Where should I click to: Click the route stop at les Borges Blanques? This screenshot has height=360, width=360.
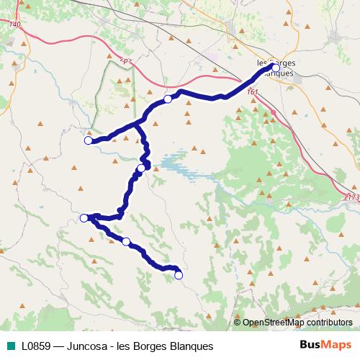point(276,68)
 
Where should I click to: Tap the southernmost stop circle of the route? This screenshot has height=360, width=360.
point(179,275)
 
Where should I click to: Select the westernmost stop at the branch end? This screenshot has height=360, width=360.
point(89,140)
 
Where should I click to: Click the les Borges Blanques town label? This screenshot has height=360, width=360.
point(276,68)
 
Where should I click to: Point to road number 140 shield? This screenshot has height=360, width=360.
point(16,25)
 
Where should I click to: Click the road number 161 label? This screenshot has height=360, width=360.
point(252,91)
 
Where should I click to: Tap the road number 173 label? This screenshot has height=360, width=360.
point(353,197)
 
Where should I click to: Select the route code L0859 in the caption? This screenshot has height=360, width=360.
point(36,346)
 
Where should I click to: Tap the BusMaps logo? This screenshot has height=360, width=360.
point(326,346)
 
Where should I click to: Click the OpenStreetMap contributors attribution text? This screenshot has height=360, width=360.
point(297,323)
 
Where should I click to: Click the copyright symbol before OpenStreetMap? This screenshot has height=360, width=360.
point(238,323)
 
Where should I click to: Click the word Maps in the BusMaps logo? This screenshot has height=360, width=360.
point(338,346)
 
